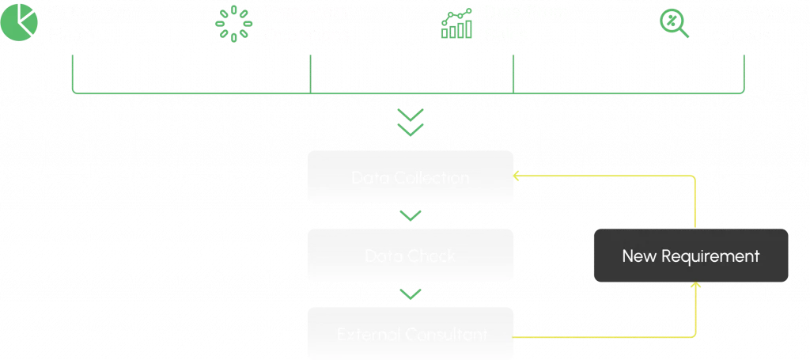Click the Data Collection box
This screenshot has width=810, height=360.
pyautogui.click(x=410, y=178)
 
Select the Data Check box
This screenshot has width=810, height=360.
pyautogui.click(x=410, y=256)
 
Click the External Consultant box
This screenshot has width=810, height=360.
pyautogui.click(x=410, y=334)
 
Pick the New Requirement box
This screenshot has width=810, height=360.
pyautogui.click(x=691, y=256)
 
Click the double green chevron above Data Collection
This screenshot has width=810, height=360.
pyautogui.click(x=410, y=123)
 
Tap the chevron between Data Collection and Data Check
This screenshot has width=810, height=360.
pyautogui.click(x=410, y=215)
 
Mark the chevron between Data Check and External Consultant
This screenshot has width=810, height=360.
pyautogui.click(x=410, y=294)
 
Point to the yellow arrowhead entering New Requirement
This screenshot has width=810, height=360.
pyautogui.click(x=696, y=286)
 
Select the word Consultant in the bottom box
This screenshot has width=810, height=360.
pyautogui.click(x=446, y=335)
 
